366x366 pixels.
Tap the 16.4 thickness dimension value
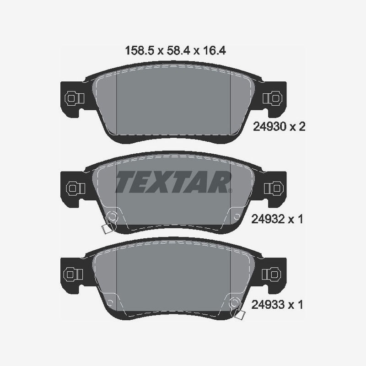[x=215, y=51]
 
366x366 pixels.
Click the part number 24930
[x=269, y=127]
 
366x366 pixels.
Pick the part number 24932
[x=268, y=219]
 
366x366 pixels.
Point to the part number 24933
[x=268, y=305]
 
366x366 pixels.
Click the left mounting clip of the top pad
[x=74, y=98]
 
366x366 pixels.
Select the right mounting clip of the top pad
[x=273, y=98]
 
